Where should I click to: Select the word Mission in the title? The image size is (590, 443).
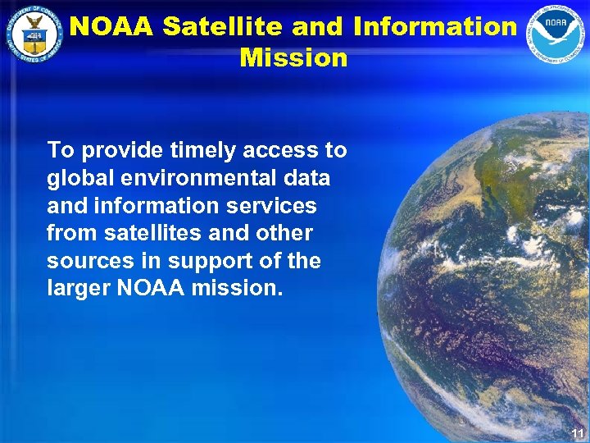pyautogui.click(x=293, y=58)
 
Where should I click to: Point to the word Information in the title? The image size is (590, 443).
pyautogui.click(x=435, y=27)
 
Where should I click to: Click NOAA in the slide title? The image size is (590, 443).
pyautogui.click(x=111, y=27)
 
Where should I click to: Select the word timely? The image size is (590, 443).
pyautogui.click(x=200, y=150)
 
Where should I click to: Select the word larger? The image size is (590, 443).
pyautogui.click(x=78, y=288)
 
